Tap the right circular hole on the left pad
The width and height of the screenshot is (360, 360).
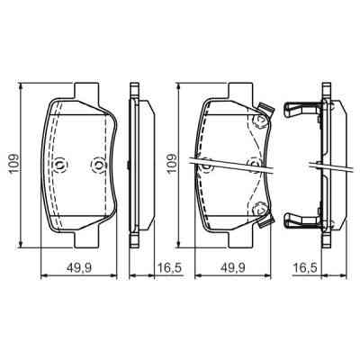tap(97, 165)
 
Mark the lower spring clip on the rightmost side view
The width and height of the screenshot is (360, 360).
tap(300, 219)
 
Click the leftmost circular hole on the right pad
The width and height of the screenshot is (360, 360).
tap(206, 165)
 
